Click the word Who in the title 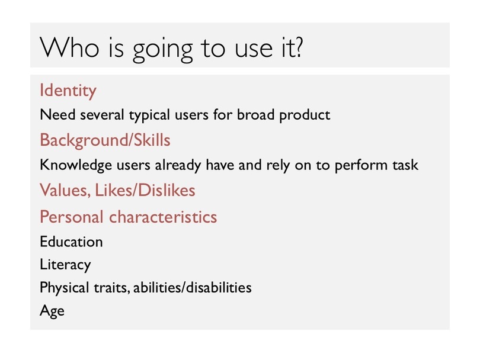click(x=70, y=48)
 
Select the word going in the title click(x=162, y=50)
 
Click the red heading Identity click(x=68, y=91)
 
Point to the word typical click(x=149, y=115)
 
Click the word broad click(x=255, y=114)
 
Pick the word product click(x=305, y=115)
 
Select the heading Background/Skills click(x=105, y=140)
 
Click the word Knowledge click(x=76, y=165)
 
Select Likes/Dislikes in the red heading click(x=145, y=190)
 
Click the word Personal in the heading click(x=71, y=217)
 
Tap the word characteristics click(x=163, y=217)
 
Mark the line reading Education click(x=71, y=242)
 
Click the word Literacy click(x=66, y=265)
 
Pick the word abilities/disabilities click(x=193, y=288)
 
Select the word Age click(x=52, y=311)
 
